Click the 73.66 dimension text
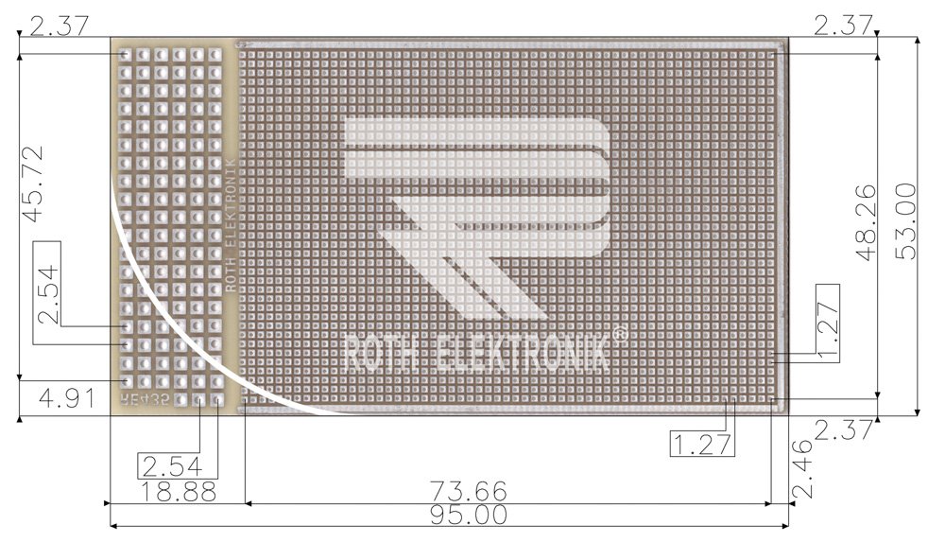tap(468, 492)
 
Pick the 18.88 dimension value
tap(178, 492)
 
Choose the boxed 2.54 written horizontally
tap(177, 465)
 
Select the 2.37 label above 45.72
tap(59, 26)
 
